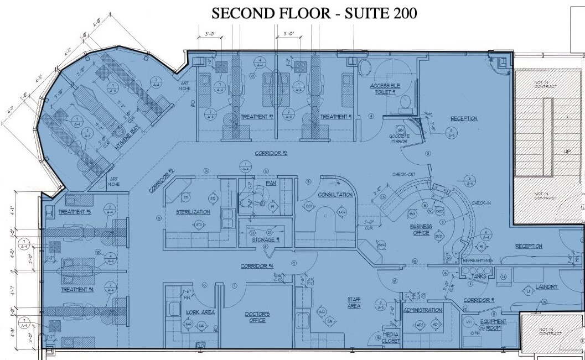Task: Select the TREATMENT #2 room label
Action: (x=257, y=117)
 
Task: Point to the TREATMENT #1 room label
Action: (x=336, y=117)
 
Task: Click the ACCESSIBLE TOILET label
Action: (x=382, y=90)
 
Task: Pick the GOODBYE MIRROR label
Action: (x=398, y=139)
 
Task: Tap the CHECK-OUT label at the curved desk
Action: (x=405, y=175)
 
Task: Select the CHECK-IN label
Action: (x=480, y=203)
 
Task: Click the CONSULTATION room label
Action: (x=335, y=195)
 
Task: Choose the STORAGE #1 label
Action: (x=266, y=239)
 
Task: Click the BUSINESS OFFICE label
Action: (x=420, y=229)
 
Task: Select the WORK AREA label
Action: (x=200, y=312)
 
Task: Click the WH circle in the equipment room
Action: (x=468, y=321)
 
